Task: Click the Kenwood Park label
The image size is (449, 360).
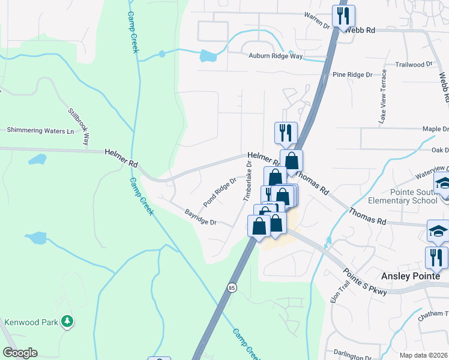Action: coord(31,322)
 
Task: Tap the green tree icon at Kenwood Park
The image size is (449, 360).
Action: coord(68,322)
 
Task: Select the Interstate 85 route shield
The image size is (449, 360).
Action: coord(232,287)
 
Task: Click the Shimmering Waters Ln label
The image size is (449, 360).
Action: coord(40,130)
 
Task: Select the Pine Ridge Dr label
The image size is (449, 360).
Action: coord(352,75)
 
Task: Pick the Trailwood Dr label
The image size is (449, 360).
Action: coord(414,64)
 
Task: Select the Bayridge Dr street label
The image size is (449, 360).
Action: coord(200,217)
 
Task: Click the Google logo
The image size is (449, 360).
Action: coord(20,353)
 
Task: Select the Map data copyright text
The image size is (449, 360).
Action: coord(424,355)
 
